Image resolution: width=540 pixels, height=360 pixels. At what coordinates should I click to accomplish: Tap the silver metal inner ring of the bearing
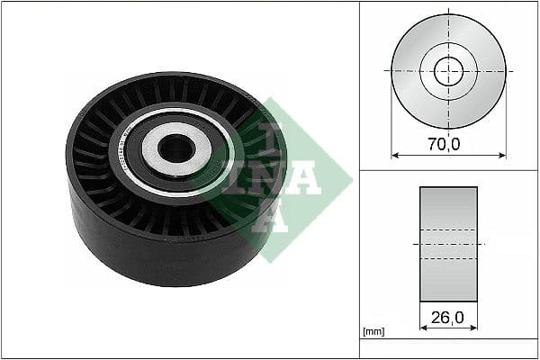(157, 148)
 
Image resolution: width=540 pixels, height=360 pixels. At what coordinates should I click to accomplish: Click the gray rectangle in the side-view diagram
(448, 243)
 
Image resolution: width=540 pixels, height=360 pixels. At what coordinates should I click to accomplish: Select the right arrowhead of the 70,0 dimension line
(501, 155)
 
